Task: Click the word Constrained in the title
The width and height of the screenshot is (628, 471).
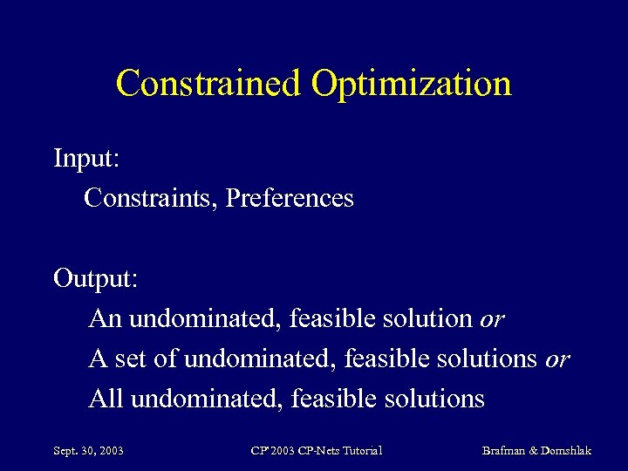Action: (209, 84)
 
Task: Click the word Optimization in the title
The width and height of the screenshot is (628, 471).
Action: (411, 84)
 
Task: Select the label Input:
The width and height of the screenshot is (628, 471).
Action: (86, 159)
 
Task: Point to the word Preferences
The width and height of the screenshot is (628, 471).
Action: (290, 198)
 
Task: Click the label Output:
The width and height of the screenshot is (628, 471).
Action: (95, 278)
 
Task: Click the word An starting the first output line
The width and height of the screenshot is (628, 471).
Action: (106, 318)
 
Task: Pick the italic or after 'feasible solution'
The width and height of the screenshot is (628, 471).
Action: (492, 319)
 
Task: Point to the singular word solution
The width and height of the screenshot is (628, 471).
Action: (427, 318)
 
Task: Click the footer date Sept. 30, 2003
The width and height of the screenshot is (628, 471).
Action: (88, 451)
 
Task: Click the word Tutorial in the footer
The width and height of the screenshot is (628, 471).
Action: (360, 451)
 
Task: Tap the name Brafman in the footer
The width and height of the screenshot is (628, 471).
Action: (504, 451)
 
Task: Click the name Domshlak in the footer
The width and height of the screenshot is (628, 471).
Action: (567, 451)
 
